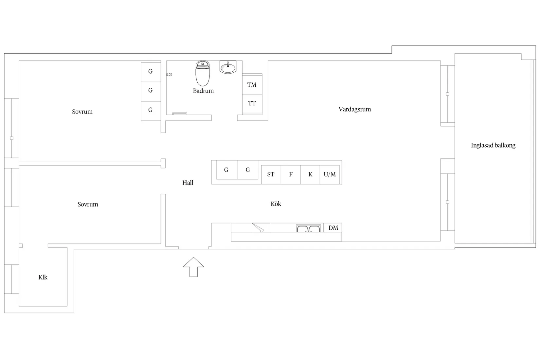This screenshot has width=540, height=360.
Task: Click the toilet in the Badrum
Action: (x=203, y=73)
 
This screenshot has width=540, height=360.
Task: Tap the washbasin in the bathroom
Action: (x=228, y=67)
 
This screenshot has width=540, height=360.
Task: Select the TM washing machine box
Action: (x=252, y=84)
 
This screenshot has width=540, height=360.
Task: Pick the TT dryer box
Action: (x=252, y=103)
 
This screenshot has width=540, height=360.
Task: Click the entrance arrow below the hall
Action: (x=193, y=267)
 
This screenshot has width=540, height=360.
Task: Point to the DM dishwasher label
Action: (x=333, y=228)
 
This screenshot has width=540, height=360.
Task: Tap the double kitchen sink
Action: (x=308, y=228)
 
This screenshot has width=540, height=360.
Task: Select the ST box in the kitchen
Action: (x=271, y=174)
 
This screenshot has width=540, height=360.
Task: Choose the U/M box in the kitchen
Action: (x=330, y=174)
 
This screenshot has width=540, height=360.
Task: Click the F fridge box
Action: (x=291, y=174)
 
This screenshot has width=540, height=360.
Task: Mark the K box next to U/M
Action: (x=310, y=174)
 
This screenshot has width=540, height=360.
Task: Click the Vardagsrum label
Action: (x=355, y=109)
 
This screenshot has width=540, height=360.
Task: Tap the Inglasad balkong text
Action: (x=493, y=145)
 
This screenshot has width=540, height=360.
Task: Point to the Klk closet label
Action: (x=43, y=277)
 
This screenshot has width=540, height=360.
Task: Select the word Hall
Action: (x=188, y=183)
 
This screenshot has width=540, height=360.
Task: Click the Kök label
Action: (x=276, y=204)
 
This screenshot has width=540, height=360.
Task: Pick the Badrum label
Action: (x=203, y=91)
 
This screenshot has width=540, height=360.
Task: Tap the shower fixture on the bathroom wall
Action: (x=169, y=75)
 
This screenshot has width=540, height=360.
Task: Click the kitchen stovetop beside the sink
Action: (x=261, y=228)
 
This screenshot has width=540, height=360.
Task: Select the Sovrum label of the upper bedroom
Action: (x=82, y=112)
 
